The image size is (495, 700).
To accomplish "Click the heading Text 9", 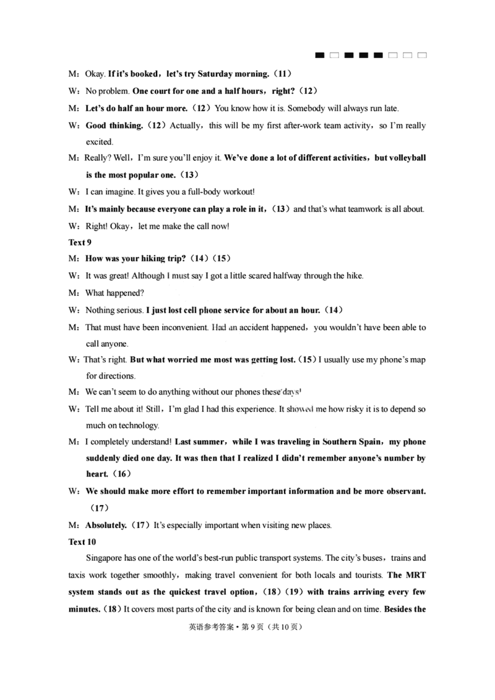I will [x=79, y=242].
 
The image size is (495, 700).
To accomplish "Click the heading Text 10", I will [x=81, y=542].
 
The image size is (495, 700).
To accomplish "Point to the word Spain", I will [x=369, y=442].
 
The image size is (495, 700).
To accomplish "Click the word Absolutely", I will [x=106, y=525].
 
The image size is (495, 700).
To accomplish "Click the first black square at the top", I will [x=320, y=56].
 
